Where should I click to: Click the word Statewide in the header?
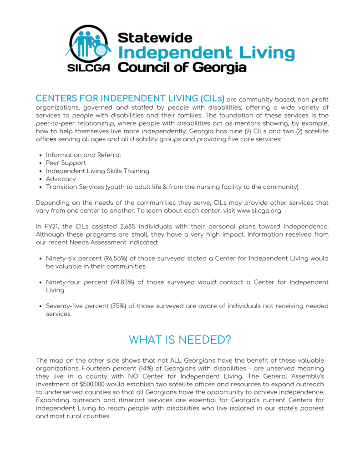pyautogui.click(x=155, y=37)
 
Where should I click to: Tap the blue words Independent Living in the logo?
pyautogui.click(x=206, y=53)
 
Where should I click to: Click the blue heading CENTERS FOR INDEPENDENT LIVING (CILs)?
pyautogui.click(x=130, y=99)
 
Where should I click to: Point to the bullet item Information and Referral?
pyautogui.click(x=83, y=155)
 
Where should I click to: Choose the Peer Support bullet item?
pyautogui.click(x=66, y=163)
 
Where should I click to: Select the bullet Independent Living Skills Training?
pyautogui.click(x=97, y=171)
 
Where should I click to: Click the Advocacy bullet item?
pyautogui.click(x=61, y=179)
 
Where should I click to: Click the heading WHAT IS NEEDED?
pyautogui.click(x=180, y=339)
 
